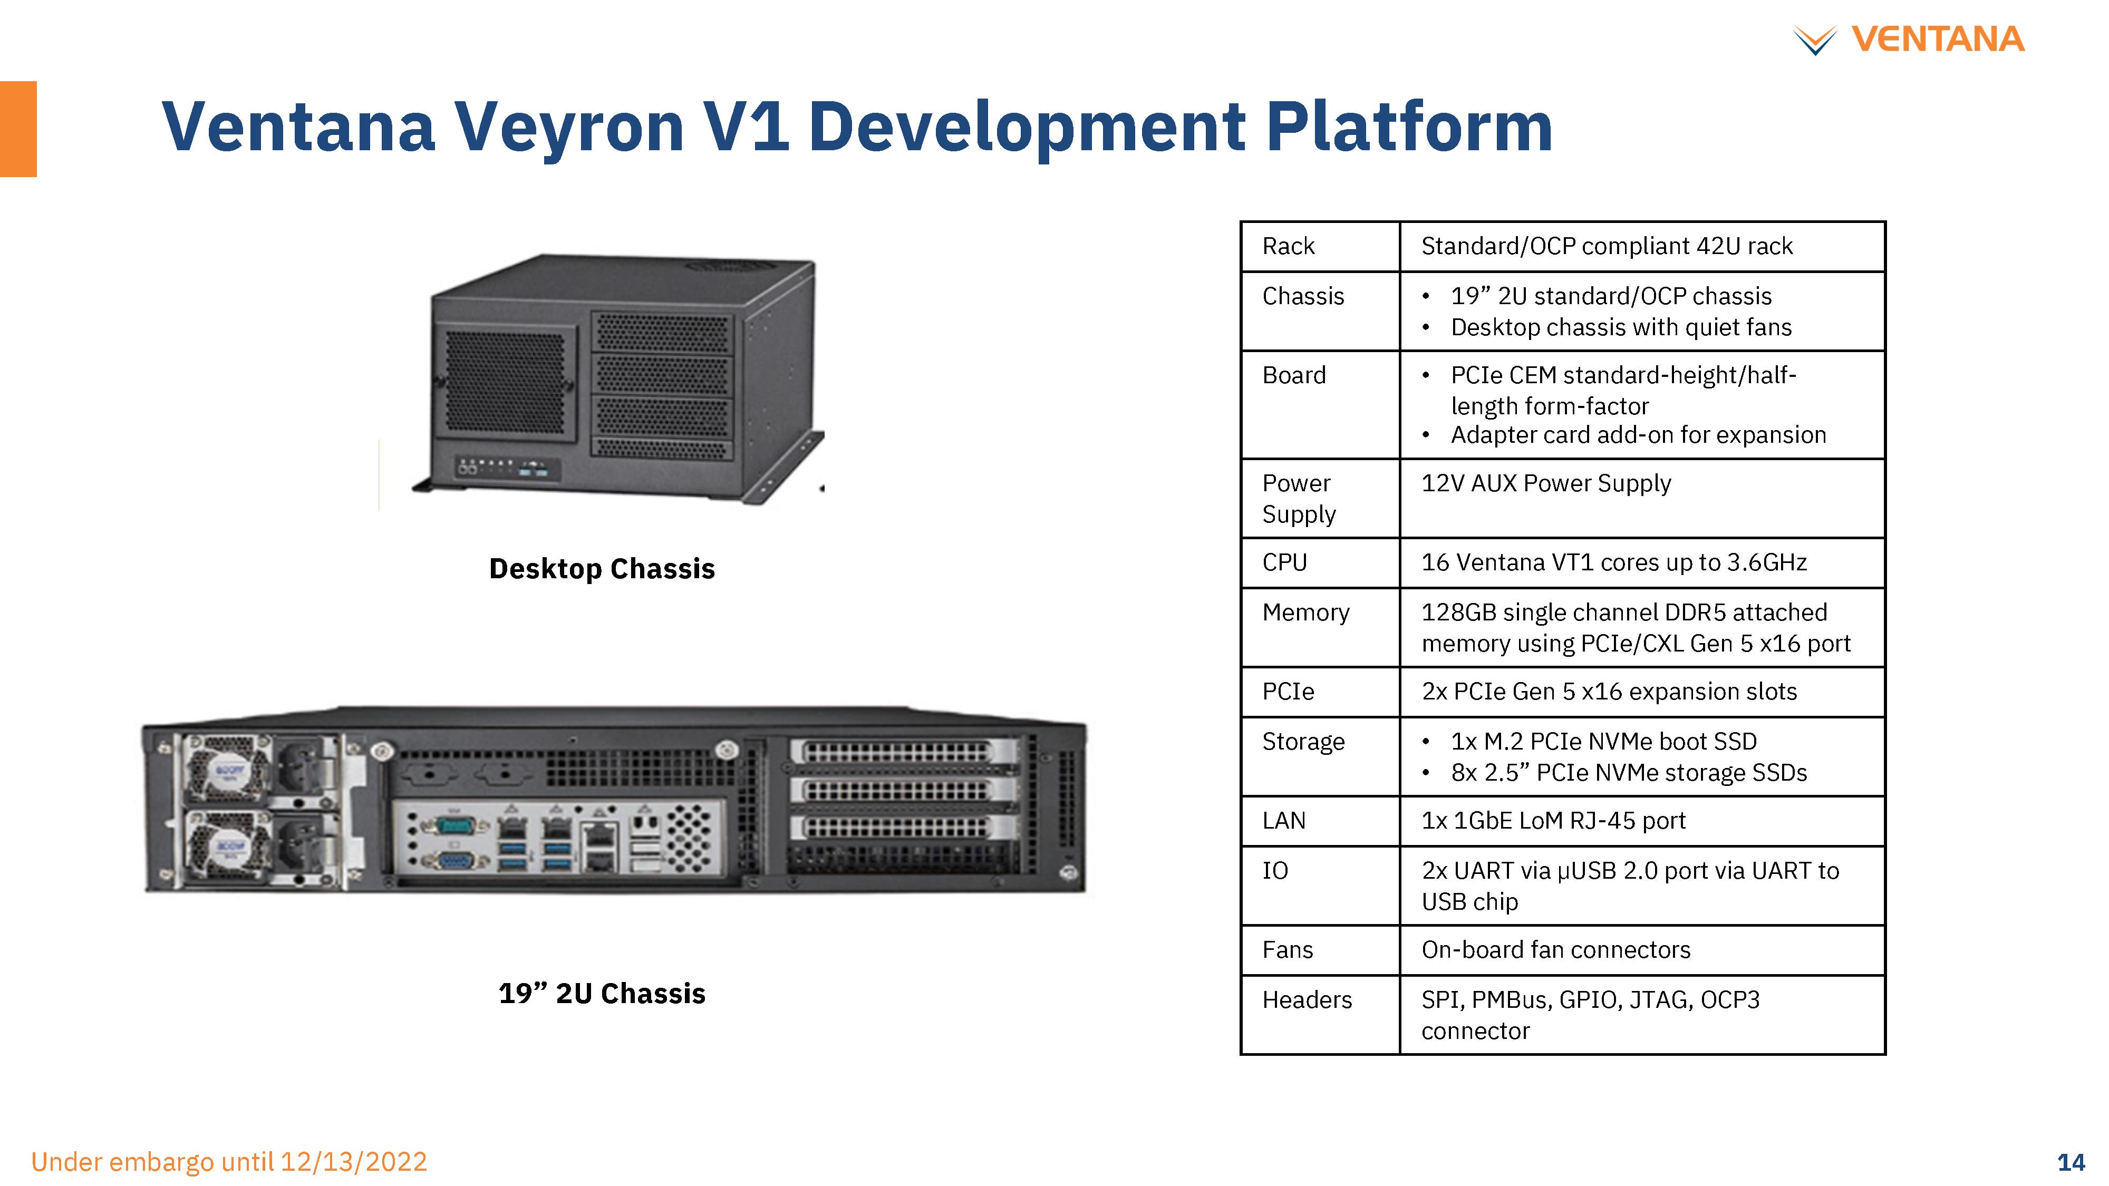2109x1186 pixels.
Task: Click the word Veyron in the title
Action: (569, 127)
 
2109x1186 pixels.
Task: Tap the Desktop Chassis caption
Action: (602, 568)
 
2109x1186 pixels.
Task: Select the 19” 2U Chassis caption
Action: (602, 993)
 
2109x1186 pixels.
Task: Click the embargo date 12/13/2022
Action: (354, 1161)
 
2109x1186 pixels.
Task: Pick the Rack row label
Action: (1288, 246)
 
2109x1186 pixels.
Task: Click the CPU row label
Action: (1284, 562)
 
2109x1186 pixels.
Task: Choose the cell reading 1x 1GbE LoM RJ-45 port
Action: (1553, 820)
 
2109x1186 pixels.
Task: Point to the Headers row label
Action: (1307, 999)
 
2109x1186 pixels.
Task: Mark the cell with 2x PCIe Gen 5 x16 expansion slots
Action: (1609, 692)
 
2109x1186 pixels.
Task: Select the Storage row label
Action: (1303, 742)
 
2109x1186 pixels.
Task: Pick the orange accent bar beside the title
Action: (18, 129)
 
